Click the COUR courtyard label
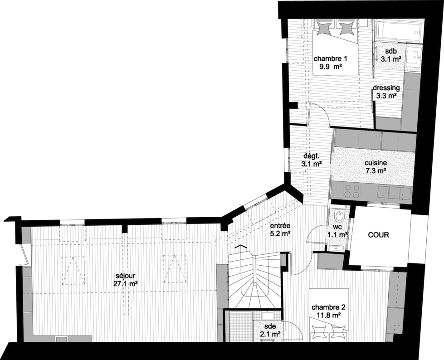378,235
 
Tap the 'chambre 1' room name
330,58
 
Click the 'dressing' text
386,88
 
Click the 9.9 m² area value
330,67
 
